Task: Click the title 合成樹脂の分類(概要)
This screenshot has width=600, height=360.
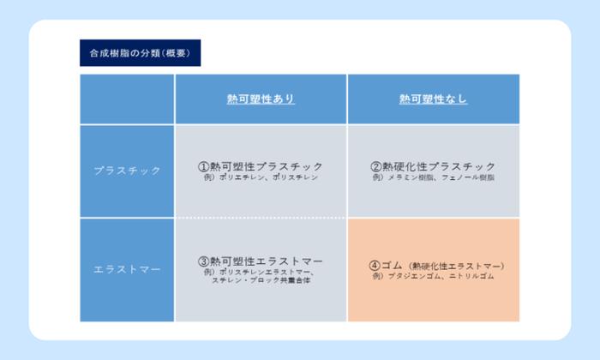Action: [x=139, y=53]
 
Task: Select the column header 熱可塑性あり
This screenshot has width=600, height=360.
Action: [x=261, y=99]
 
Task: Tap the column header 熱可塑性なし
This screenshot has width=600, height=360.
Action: [x=433, y=99]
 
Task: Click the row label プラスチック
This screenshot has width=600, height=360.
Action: [x=127, y=171]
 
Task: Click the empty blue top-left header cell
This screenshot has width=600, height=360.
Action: [x=127, y=99]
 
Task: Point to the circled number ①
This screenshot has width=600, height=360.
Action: [x=203, y=165]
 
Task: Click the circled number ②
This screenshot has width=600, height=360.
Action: [x=375, y=165]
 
